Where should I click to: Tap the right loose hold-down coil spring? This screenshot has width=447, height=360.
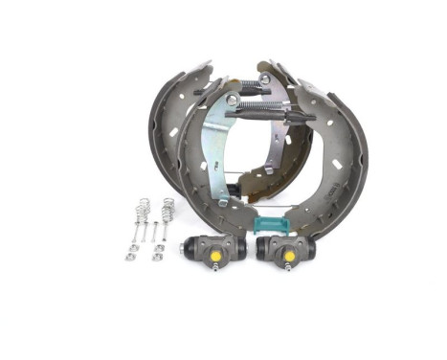[168, 206]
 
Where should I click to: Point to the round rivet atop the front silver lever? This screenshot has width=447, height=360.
[233, 99]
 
